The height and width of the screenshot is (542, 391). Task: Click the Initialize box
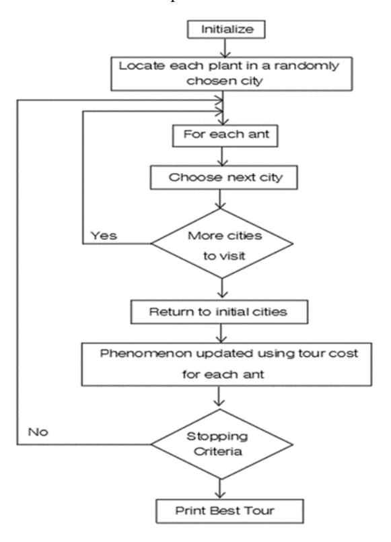(x=226, y=30)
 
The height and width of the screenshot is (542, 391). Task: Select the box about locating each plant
(x=232, y=74)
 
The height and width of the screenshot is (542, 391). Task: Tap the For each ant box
(x=225, y=136)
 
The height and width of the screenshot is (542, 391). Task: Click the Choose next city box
(x=224, y=178)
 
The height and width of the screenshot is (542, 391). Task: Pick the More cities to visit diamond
(x=222, y=243)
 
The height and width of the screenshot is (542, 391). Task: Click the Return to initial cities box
(x=219, y=312)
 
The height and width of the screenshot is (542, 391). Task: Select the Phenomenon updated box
(x=227, y=364)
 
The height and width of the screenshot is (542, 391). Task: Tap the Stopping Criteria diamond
(x=222, y=444)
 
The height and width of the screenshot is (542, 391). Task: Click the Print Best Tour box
(x=229, y=511)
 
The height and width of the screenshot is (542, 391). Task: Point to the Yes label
(x=104, y=236)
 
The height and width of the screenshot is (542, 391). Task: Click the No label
(x=38, y=432)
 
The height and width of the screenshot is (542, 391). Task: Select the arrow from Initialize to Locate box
(x=225, y=48)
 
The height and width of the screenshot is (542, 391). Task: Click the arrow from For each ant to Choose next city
(x=223, y=157)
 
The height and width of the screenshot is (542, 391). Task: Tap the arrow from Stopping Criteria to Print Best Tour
(x=219, y=489)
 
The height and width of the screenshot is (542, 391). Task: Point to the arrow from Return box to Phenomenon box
(x=221, y=333)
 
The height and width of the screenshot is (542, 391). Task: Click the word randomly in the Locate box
(x=307, y=67)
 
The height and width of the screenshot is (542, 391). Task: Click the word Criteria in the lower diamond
(x=218, y=451)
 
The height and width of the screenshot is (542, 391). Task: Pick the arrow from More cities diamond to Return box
(x=222, y=288)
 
